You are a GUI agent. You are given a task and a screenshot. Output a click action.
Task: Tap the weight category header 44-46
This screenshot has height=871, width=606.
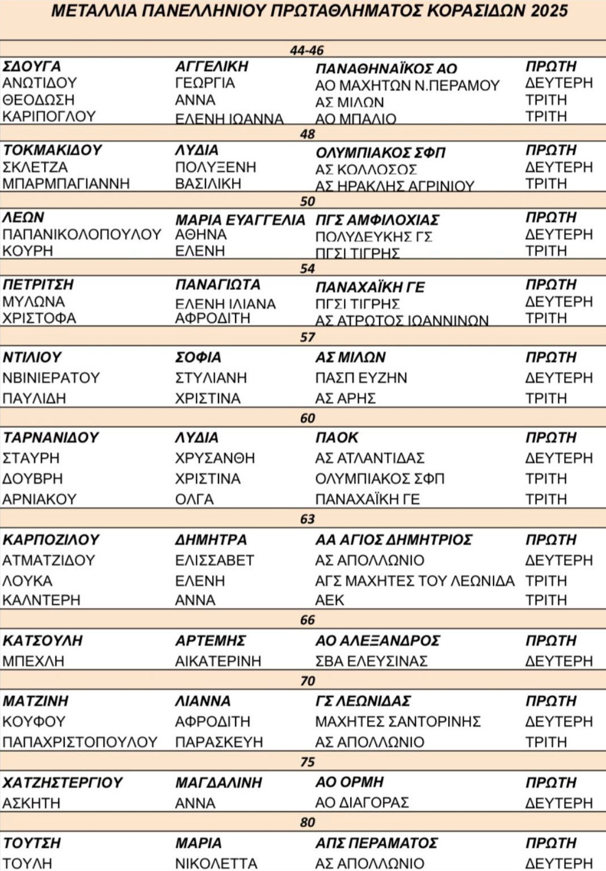tap(306, 51)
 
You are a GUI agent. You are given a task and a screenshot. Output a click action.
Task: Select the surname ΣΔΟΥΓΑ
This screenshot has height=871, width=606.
tap(32, 66)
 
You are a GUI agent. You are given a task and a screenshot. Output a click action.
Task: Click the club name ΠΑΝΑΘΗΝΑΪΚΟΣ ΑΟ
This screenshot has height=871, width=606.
tap(386, 69)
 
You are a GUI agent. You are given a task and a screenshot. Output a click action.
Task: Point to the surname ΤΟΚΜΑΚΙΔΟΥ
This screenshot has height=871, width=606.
tap(52, 150)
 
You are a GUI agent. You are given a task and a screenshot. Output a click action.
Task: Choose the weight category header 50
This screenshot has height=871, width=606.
tap(307, 201)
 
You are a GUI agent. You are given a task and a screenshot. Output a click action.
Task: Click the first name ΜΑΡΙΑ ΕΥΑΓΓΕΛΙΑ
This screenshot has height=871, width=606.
tap(240, 220)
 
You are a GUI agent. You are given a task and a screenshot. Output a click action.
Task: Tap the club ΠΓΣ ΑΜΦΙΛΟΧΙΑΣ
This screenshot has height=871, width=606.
tap(377, 220)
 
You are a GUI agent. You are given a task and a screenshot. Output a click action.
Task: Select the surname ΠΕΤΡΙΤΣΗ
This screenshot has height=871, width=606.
tap(39, 285)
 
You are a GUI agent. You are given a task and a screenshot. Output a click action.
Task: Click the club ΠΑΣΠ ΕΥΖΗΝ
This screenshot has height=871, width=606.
tap(361, 378)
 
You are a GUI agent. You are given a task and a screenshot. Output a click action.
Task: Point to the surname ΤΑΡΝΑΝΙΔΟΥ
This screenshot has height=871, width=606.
tap(51, 438)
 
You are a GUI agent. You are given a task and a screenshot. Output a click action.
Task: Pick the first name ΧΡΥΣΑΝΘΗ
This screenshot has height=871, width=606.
tap(215, 458)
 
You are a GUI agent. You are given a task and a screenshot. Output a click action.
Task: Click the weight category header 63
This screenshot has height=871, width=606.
tap(307, 519)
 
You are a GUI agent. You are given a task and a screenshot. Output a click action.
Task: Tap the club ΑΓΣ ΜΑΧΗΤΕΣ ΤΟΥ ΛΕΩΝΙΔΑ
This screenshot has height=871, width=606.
tap(415, 581)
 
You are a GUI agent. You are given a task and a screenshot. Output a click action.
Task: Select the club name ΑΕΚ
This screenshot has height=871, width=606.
tap(330, 600)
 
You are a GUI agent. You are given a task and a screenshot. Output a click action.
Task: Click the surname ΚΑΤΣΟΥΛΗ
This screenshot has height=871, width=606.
tap(43, 641)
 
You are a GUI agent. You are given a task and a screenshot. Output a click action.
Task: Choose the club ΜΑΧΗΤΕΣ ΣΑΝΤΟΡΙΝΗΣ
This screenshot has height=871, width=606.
tap(398, 722)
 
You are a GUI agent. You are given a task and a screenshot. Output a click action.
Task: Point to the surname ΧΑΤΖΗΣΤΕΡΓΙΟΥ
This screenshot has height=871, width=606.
tap(62, 782)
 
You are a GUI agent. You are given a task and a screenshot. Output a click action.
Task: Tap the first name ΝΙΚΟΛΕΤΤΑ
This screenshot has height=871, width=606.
tap(216, 863)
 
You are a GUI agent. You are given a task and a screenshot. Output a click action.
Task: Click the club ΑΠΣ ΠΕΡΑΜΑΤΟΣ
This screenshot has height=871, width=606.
tap(376, 843)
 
